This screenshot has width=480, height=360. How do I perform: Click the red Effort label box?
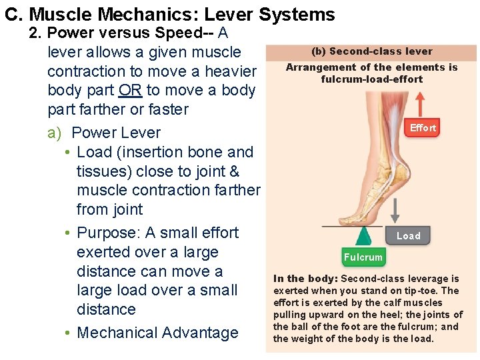(423, 128)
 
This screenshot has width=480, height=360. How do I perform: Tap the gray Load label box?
(408, 235)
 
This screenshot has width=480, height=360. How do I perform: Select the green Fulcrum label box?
(363, 257)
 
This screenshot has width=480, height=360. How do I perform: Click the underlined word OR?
(131, 90)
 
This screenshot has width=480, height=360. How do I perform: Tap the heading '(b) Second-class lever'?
(371, 51)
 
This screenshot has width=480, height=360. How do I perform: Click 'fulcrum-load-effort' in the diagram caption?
(371, 79)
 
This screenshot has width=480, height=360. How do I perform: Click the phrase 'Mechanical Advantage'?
(157, 333)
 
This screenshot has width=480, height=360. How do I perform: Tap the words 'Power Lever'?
(116, 133)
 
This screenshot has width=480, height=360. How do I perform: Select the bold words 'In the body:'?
(305, 279)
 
